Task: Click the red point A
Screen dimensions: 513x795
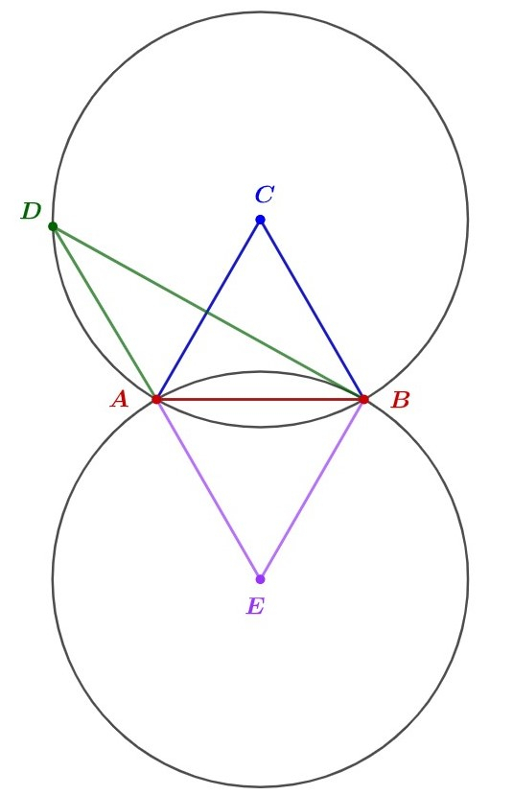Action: point(156,400)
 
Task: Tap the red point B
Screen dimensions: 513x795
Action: point(363,400)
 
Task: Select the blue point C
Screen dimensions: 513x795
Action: point(260,220)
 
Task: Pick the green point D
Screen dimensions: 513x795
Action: point(53,226)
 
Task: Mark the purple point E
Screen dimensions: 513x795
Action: point(260,579)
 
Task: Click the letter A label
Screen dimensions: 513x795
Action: point(120,400)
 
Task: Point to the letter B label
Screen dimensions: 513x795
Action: point(400,401)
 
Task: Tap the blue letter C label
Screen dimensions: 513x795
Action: point(265,195)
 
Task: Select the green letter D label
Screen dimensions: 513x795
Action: point(31,211)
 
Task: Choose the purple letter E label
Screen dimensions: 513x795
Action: point(255,606)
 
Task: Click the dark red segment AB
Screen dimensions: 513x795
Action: point(260,400)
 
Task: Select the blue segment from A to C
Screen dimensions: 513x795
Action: point(208,310)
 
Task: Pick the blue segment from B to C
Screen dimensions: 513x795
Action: point(312,310)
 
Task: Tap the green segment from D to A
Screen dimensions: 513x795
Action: point(105,313)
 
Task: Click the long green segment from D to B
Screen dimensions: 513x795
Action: point(208,313)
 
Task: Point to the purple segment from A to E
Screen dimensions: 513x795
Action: point(208,489)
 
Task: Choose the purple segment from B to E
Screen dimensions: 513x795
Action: point(312,489)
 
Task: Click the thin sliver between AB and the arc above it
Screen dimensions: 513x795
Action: point(260,385)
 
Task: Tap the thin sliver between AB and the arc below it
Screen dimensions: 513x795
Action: point(260,413)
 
